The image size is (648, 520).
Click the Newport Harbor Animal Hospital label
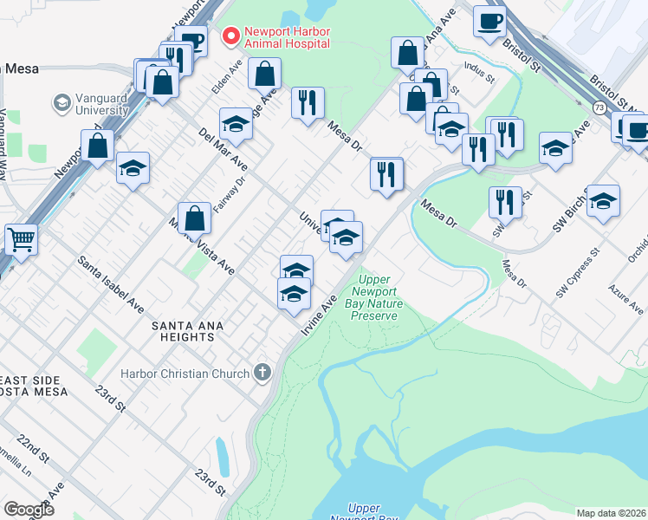point(286,36)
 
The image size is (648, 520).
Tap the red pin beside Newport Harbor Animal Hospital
point(230,36)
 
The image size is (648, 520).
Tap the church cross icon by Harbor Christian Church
point(262,374)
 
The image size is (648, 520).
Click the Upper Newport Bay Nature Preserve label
point(373,297)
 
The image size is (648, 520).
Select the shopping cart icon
point(21,238)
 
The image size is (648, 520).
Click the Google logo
point(29,510)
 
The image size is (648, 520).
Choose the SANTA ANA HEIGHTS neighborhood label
point(187,331)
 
